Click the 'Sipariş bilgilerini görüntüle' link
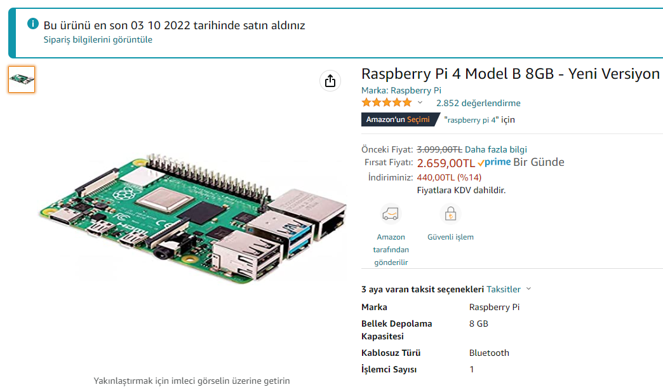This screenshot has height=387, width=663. (98, 40)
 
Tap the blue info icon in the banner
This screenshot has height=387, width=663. (33, 24)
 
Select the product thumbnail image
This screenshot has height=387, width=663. (22, 79)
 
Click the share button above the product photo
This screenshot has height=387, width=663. (330, 81)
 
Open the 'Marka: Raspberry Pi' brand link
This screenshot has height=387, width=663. (401, 90)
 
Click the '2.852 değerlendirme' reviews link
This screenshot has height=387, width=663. (478, 103)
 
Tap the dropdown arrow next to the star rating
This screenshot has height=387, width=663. (420, 102)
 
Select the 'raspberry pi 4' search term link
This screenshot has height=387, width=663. (471, 120)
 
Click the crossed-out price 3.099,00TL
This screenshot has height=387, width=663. (439, 149)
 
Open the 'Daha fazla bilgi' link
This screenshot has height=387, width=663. (496, 149)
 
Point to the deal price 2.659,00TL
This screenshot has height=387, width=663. (446, 163)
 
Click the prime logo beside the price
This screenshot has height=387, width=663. (494, 162)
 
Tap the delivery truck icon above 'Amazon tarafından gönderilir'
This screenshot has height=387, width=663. (391, 214)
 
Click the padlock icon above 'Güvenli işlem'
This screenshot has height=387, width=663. (450, 214)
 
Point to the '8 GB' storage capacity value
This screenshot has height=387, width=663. (479, 323)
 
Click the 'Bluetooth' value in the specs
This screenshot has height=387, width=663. (489, 353)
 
